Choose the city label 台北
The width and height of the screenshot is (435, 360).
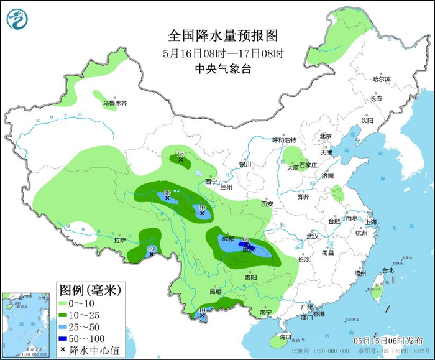point(388,270)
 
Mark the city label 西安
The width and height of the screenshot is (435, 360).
point(267,203)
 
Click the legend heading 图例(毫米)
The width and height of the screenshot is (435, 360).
point(90,290)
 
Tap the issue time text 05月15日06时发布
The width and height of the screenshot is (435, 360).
point(388,341)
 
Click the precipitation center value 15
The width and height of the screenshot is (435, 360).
point(180,154)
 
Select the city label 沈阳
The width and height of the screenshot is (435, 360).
point(367,121)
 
